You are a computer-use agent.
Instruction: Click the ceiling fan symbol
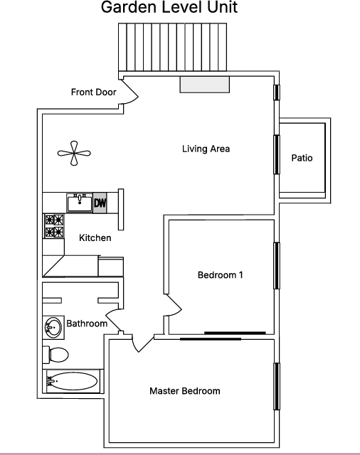tap(74, 154)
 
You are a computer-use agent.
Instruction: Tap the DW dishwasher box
tap(100, 203)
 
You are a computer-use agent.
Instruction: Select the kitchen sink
tap(80, 203)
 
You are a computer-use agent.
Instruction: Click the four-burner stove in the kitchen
tap(54, 226)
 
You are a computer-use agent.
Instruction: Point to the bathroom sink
tap(53, 328)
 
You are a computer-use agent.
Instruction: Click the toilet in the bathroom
tap(55, 355)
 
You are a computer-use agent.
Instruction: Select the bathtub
tap(73, 381)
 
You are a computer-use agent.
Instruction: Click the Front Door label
tap(93, 92)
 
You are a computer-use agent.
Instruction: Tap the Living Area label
tap(206, 149)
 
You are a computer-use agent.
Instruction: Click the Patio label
tap(302, 158)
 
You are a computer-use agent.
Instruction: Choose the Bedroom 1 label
tap(220, 275)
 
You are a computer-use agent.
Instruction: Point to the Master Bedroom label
tap(185, 391)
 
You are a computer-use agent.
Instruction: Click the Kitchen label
tap(95, 238)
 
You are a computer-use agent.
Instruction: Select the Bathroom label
tap(87, 323)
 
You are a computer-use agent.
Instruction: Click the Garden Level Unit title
tap(169, 7)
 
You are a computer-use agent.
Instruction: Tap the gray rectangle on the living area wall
tap(205, 85)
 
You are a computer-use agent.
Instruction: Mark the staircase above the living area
tap(172, 47)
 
